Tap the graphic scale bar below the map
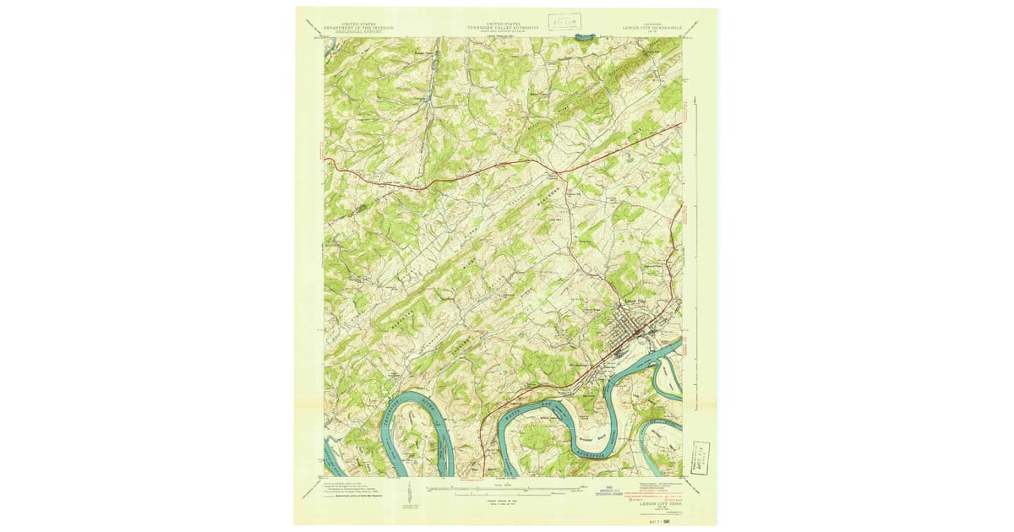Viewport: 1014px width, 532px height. click(x=505, y=488)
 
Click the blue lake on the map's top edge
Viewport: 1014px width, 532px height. click(x=583, y=37)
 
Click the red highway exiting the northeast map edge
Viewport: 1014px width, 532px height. click(x=680, y=124)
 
